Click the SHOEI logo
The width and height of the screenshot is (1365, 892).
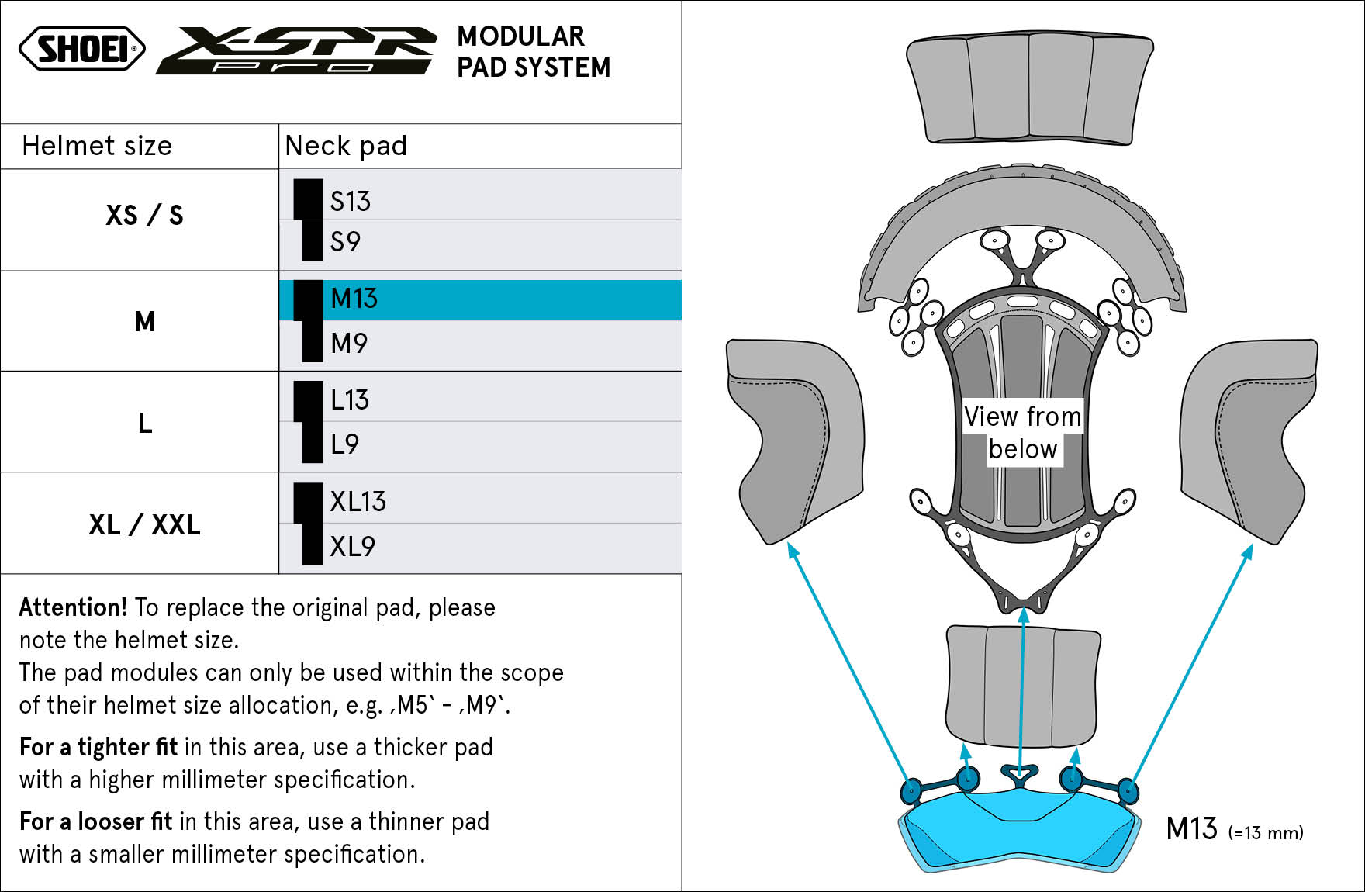pos(82,49)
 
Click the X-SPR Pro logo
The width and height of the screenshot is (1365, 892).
pos(295,50)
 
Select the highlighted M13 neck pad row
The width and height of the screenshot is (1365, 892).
pos(480,299)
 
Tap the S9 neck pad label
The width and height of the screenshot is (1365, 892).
pos(345,241)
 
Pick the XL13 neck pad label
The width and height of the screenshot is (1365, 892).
pos(358,501)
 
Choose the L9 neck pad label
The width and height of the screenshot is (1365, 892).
pos(344,444)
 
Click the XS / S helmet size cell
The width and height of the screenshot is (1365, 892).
pos(144,215)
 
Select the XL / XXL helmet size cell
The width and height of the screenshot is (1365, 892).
pos(144,524)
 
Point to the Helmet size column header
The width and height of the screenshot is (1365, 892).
pos(97,146)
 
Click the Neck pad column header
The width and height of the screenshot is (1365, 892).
pos(346,146)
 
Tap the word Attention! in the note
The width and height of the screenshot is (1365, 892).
pos(73,607)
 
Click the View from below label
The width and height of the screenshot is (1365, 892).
pos(1023,433)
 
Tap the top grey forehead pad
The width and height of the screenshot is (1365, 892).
pos(1030,89)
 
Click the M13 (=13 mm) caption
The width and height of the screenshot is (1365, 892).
pos(1235,829)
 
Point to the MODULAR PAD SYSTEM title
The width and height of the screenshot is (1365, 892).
pos(534,52)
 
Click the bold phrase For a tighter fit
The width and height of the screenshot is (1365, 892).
pos(98,746)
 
